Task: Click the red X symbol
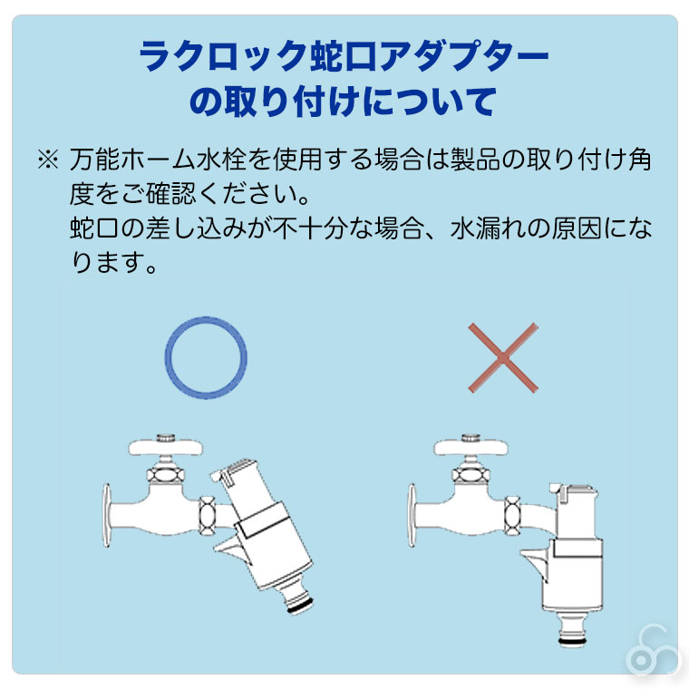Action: pos(503,358)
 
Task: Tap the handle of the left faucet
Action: pos(166,447)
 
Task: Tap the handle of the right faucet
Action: pos(471,447)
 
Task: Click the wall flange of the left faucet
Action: pos(106,516)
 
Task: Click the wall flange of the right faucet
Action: pos(412,516)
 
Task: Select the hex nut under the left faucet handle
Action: pos(165,475)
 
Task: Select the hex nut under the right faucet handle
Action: pos(471,475)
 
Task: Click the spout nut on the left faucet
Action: pos(207,516)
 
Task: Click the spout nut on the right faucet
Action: pos(512,516)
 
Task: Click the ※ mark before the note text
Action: pos(47,159)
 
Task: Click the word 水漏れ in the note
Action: pos(488,228)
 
